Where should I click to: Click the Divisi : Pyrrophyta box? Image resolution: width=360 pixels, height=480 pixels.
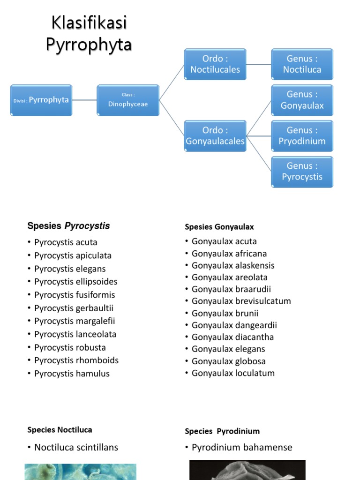pyautogui.click(x=41, y=100)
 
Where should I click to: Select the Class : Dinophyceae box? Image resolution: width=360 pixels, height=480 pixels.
pyautogui.click(x=128, y=100)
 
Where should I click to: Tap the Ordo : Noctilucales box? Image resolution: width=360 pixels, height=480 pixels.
pyautogui.click(x=215, y=64)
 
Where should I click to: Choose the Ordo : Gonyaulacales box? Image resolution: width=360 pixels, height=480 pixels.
pyautogui.click(x=215, y=136)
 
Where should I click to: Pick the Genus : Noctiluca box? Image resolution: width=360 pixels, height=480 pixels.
pyautogui.click(x=302, y=64)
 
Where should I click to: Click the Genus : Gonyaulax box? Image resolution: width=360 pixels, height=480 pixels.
pyautogui.click(x=302, y=100)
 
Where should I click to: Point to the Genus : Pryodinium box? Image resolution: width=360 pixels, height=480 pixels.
pyautogui.click(x=302, y=136)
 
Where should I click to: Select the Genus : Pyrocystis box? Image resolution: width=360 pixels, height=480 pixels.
pyautogui.click(x=302, y=172)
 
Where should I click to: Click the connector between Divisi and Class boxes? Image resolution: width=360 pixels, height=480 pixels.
pyautogui.click(x=84, y=100)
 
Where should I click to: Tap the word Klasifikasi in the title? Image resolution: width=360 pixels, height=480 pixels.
pyautogui.click(x=89, y=22)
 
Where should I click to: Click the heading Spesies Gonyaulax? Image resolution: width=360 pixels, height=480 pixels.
pyautogui.click(x=219, y=227)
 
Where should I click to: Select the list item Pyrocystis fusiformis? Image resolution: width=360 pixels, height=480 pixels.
pyautogui.click(x=75, y=295)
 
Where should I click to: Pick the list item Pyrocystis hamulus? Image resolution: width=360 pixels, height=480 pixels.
pyautogui.click(x=72, y=374)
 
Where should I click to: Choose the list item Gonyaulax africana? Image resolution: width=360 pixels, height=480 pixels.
pyautogui.click(x=229, y=254)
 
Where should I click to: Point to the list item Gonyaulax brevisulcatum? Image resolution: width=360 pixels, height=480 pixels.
pyautogui.click(x=241, y=301)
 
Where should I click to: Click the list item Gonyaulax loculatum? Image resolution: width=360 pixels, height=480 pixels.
pyautogui.click(x=233, y=373)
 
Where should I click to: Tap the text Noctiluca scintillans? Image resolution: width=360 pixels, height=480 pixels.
pyautogui.click(x=76, y=447)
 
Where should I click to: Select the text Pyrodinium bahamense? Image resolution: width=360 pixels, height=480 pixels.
pyautogui.click(x=242, y=447)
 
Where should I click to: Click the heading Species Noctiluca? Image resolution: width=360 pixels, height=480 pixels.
pyautogui.click(x=60, y=430)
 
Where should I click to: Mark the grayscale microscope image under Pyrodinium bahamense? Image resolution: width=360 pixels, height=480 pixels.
pyautogui.click(x=247, y=470)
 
